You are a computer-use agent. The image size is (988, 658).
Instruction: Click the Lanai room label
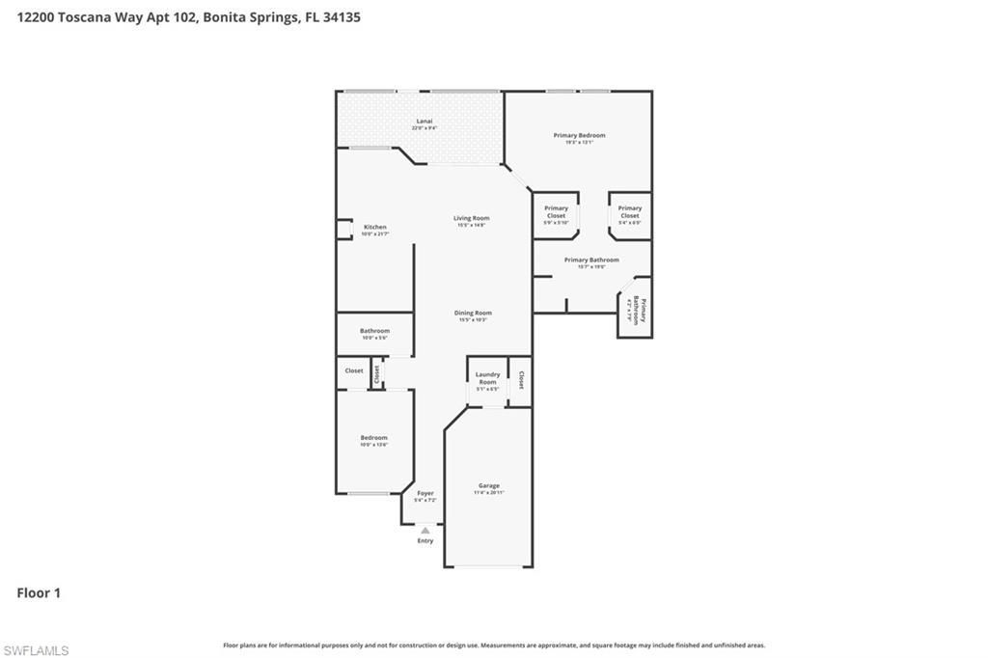(x=424, y=122)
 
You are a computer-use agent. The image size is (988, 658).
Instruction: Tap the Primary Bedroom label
(x=579, y=136)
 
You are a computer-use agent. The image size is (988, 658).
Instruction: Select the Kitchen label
(x=374, y=228)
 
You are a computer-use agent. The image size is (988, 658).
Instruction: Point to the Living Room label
(x=472, y=219)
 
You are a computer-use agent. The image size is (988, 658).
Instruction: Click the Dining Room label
(x=473, y=314)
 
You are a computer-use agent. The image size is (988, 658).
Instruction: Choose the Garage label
(x=488, y=486)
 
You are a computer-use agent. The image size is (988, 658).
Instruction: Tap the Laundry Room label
(x=487, y=378)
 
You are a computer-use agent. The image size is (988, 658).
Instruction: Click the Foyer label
(x=425, y=494)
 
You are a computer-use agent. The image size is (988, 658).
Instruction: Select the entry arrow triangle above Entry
(x=425, y=530)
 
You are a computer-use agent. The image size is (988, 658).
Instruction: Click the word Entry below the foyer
(x=425, y=540)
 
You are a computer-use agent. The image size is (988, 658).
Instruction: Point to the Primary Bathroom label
(x=591, y=260)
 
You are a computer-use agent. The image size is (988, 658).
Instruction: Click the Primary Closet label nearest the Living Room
(x=556, y=212)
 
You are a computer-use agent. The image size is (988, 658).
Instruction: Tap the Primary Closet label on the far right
(x=629, y=212)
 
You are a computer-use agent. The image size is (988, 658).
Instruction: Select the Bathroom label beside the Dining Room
(x=374, y=331)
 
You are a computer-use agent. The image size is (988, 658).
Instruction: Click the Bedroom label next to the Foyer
(x=373, y=438)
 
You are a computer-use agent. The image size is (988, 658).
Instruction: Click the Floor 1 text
(x=39, y=592)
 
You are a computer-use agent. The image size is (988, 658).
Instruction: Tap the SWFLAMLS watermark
(x=36, y=650)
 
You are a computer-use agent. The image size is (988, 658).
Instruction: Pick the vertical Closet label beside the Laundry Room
(x=521, y=380)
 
